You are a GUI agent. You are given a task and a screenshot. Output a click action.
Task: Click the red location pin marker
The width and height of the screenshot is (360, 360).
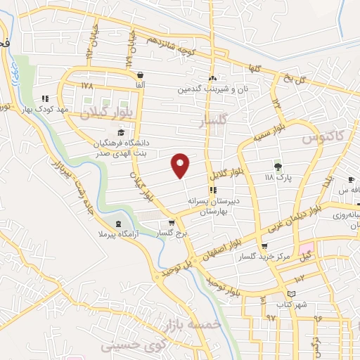tap(181, 165)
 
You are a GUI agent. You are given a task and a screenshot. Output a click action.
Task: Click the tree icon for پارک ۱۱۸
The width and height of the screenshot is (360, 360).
tap(278, 167)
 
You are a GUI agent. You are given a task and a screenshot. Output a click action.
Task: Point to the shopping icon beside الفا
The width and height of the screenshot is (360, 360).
tap(141, 75)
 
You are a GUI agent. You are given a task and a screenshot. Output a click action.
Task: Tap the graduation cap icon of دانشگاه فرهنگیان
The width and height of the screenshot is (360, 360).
tap(121, 132)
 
